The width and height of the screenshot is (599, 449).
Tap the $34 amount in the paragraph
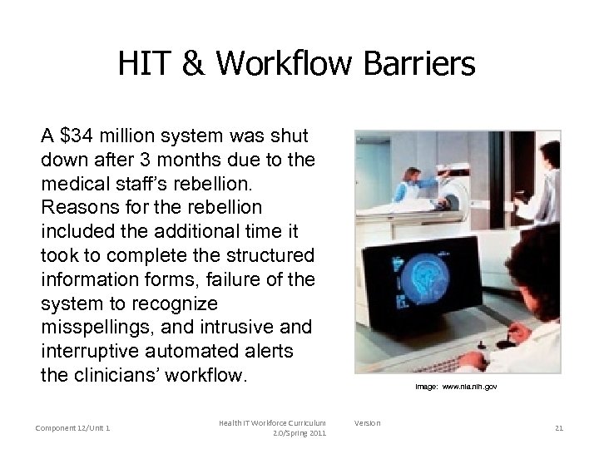pos(77,136)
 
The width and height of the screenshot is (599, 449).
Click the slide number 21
pos(558,428)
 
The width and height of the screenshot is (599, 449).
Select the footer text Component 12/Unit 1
pos(73,428)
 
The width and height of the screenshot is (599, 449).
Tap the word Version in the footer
pos(367,423)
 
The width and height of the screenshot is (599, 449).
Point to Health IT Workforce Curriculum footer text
pos(273,423)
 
